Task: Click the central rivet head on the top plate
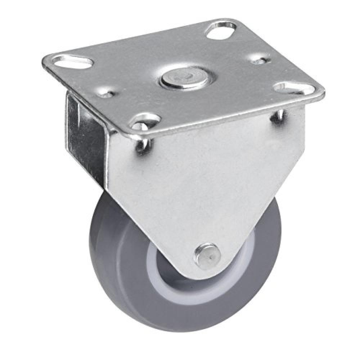[185, 78]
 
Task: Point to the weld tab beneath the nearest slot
[142, 146]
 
